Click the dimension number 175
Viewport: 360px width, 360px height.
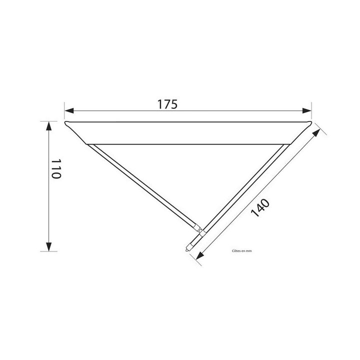(167, 104)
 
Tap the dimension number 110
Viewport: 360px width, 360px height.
(55, 170)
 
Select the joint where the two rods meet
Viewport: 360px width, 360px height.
(200, 231)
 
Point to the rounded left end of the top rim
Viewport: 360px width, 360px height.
(66, 123)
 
